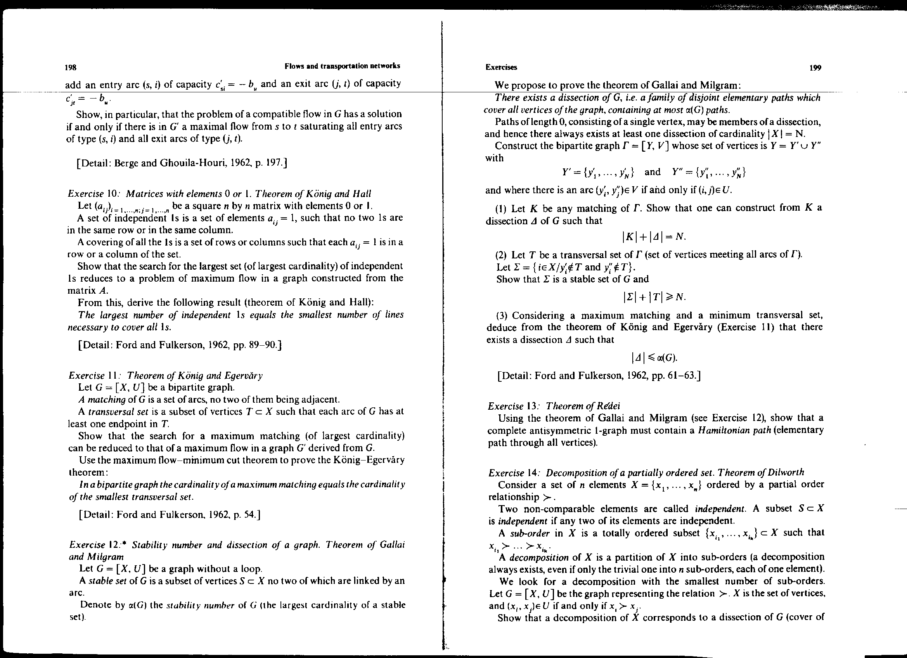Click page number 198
(x=70, y=67)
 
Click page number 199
(x=815, y=68)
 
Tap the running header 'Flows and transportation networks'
(x=342, y=66)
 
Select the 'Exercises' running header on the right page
(x=501, y=68)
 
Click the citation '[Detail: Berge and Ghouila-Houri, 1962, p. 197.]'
(x=182, y=163)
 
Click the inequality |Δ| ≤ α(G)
(x=654, y=357)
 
